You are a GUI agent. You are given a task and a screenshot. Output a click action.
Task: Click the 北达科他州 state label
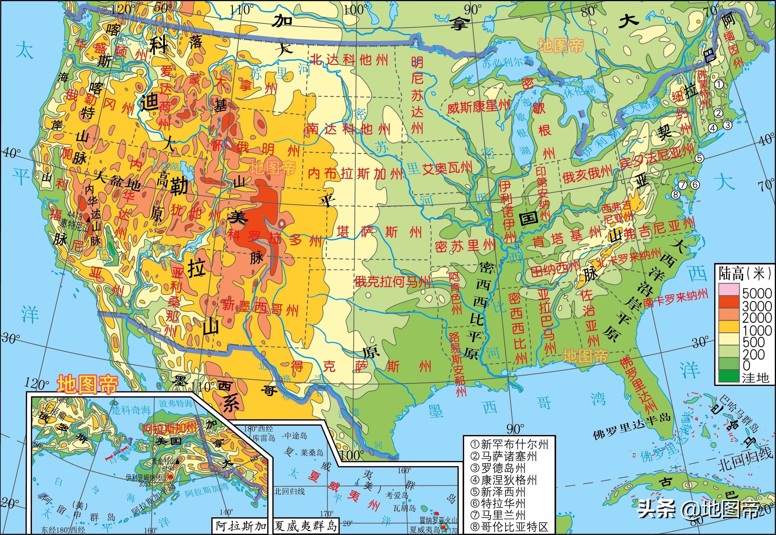[349, 60]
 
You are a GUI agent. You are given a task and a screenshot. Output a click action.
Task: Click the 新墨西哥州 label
[260, 308]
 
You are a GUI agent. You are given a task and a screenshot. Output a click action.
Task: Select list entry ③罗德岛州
[503, 468]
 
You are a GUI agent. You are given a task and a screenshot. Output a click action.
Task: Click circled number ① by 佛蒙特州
[719, 84]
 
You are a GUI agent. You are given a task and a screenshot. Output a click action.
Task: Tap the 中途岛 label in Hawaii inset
[296, 436]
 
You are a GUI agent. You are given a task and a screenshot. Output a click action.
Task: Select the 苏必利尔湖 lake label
[507, 62]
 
